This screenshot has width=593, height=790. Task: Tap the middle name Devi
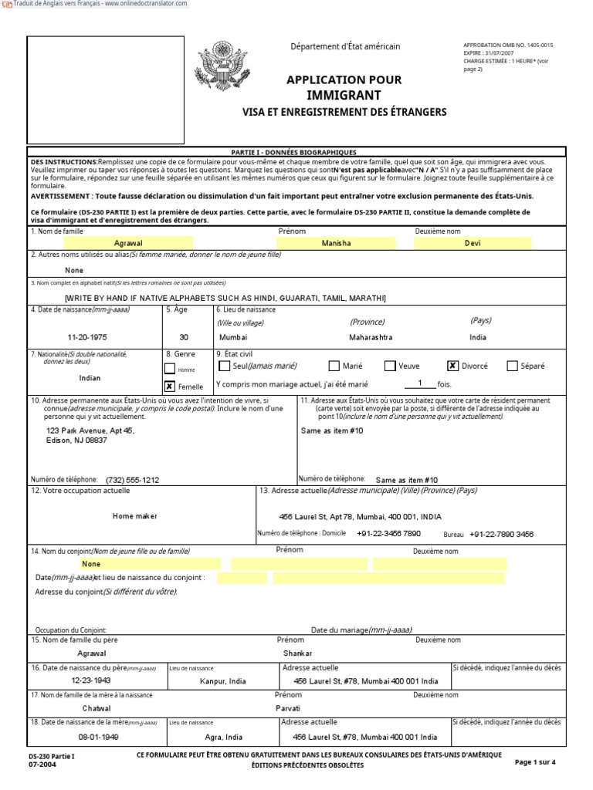(472, 244)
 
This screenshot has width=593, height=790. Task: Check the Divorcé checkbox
(453, 366)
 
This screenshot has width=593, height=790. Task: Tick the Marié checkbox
(334, 366)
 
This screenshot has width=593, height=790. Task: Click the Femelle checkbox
(169, 386)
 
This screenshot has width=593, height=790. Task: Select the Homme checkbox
(169, 368)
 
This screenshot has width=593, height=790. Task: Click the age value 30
(183, 338)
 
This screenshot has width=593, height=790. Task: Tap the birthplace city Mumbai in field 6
(233, 338)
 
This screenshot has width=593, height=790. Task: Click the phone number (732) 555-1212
(132, 480)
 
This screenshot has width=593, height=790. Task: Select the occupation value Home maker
(134, 516)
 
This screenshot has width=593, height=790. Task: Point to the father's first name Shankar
(297, 653)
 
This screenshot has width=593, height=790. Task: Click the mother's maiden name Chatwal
(97, 708)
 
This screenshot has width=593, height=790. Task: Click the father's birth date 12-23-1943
(91, 681)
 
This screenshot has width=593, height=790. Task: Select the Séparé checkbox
(513, 366)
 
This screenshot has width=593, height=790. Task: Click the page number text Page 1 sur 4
(534, 762)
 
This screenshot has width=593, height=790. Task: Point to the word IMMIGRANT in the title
(344, 96)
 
